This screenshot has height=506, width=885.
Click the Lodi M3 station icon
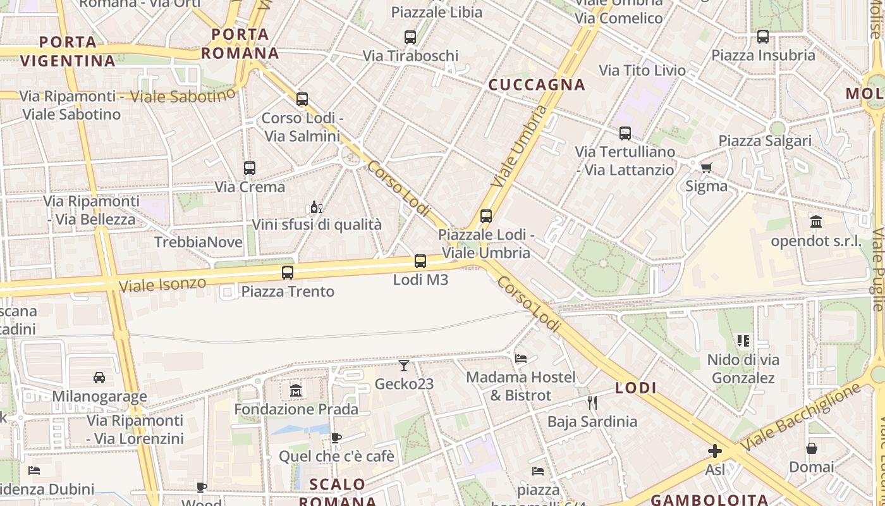[x=420, y=261]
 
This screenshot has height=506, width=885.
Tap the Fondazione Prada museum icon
[x=296, y=391]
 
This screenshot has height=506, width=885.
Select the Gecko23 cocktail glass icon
[x=404, y=366]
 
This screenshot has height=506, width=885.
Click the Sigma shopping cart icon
[x=706, y=168]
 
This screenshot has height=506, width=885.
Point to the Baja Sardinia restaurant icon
[x=592, y=403]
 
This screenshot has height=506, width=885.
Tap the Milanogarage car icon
[x=99, y=378]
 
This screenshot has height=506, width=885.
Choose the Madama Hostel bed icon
[x=521, y=359]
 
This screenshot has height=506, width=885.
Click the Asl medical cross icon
[x=715, y=451]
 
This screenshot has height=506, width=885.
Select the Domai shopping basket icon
[x=812, y=448]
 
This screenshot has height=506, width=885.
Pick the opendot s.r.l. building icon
[x=816, y=222]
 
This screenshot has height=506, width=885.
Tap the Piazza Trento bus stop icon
[x=288, y=273]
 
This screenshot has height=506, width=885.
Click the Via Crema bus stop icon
[x=250, y=168]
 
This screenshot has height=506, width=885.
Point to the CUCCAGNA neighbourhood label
[x=537, y=85]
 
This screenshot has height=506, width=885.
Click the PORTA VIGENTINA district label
[x=68, y=51]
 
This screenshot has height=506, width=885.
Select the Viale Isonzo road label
[x=162, y=284]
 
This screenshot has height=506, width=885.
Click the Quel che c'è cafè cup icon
[x=336, y=438]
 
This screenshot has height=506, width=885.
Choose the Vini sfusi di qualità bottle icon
[x=316, y=207]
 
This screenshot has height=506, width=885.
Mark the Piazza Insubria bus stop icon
[x=763, y=37]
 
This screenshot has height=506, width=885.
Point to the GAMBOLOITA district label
[x=709, y=500]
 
